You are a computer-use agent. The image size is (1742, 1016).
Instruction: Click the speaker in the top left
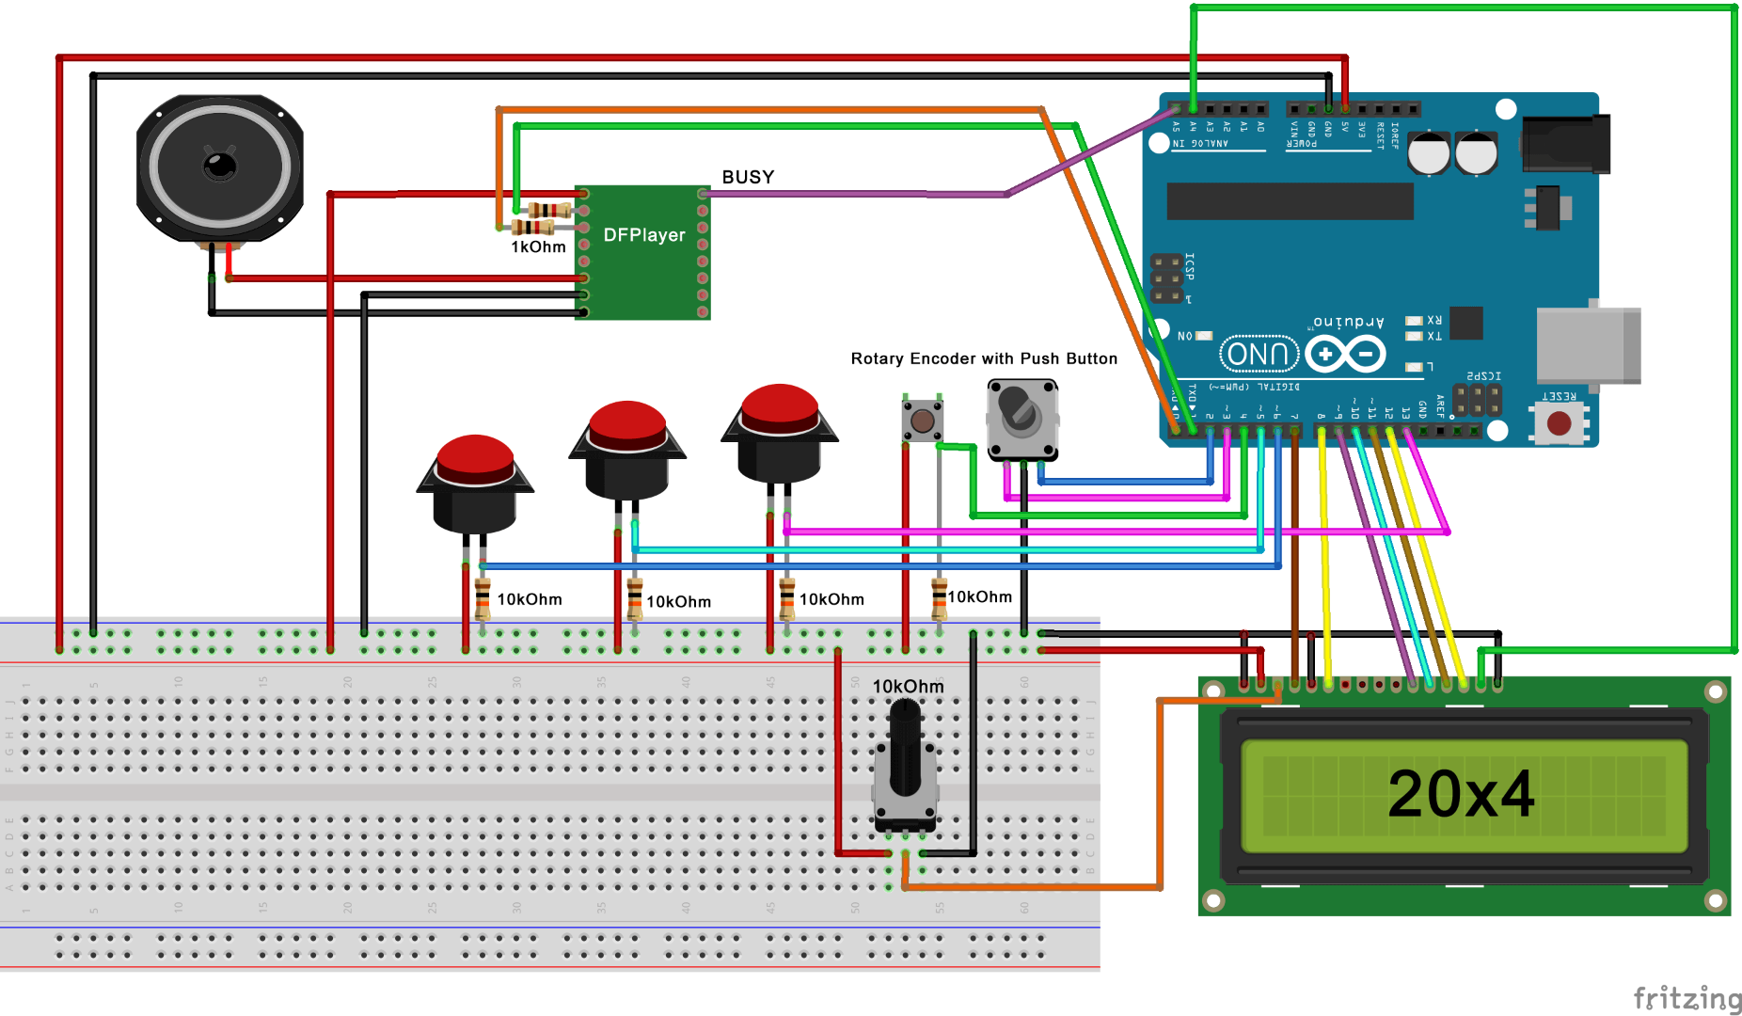tap(220, 167)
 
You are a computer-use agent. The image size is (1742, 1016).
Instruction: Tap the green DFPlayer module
tap(643, 252)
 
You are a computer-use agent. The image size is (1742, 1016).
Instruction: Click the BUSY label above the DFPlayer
tap(748, 177)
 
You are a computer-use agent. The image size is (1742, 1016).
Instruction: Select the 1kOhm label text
tap(538, 246)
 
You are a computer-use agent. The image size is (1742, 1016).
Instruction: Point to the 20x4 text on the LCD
tap(1461, 794)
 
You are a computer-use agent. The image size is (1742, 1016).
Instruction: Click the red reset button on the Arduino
tap(1559, 422)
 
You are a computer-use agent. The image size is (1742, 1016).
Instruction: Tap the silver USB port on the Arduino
tap(1588, 344)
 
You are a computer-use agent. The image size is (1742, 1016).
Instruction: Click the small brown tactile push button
tap(923, 421)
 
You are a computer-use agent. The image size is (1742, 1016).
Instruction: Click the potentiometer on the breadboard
tap(905, 771)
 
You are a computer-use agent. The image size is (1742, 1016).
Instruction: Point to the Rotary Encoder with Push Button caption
tap(984, 358)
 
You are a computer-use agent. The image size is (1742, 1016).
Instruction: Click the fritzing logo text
tap(1687, 998)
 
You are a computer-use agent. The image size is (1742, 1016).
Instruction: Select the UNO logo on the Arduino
tap(1259, 354)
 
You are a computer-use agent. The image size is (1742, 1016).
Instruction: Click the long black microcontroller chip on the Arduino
tap(1290, 201)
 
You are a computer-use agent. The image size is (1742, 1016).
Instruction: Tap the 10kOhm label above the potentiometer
tap(908, 686)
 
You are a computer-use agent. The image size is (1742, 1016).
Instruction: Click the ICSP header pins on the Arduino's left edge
tap(1167, 278)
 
